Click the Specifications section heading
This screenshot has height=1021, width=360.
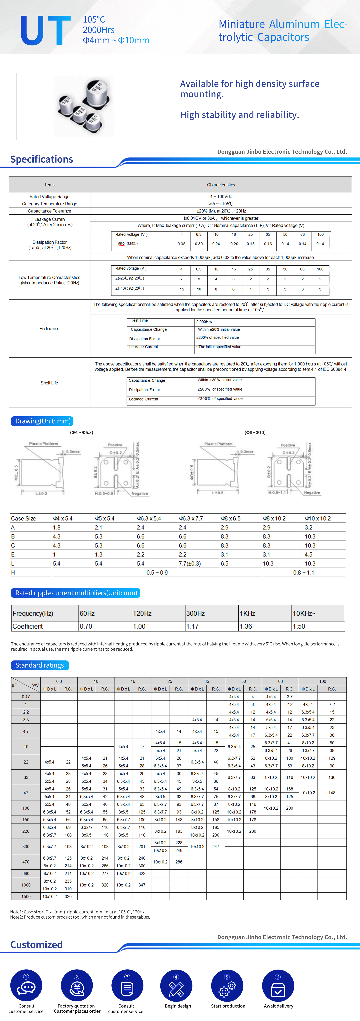click(x=42, y=159)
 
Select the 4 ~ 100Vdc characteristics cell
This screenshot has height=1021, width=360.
click(x=221, y=197)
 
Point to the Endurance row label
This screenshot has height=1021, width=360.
click(x=49, y=329)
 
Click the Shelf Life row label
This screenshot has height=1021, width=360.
click(x=49, y=383)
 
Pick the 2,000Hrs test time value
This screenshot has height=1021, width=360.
click(x=204, y=322)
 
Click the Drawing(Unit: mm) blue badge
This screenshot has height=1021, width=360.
click(x=42, y=421)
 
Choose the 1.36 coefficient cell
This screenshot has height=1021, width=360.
click(x=246, y=626)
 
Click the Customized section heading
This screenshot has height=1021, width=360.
click(x=37, y=945)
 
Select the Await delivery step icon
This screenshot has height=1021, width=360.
click(x=278, y=986)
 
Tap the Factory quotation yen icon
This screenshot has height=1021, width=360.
click(x=76, y=986)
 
